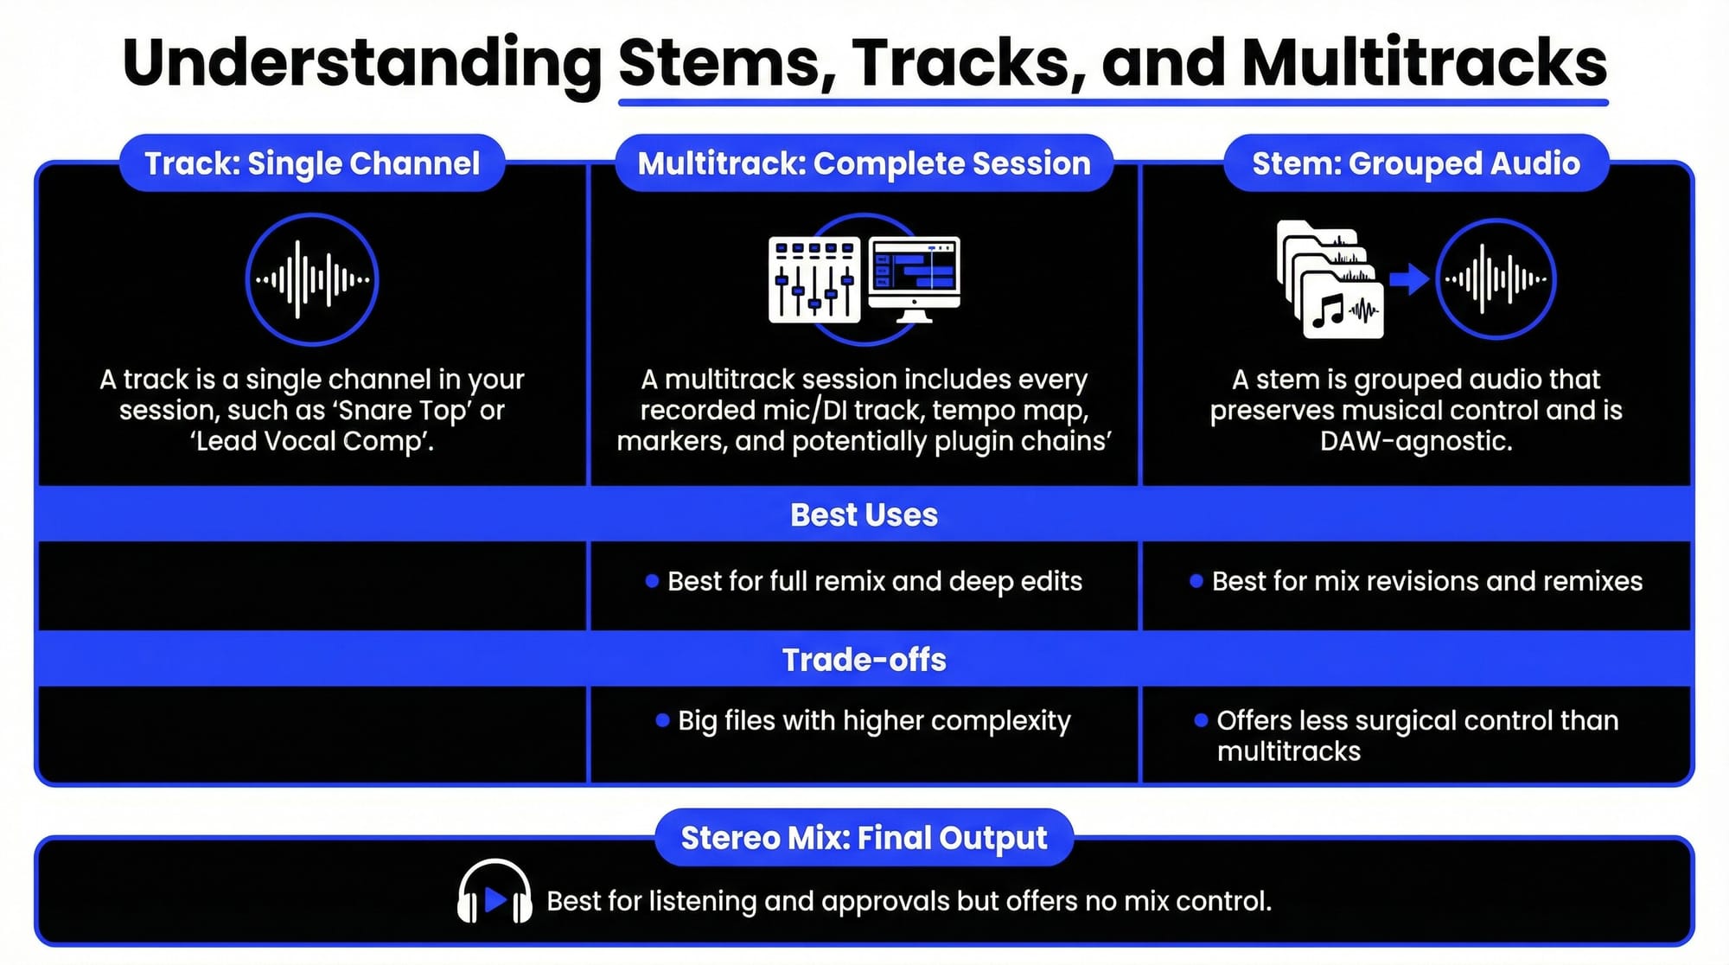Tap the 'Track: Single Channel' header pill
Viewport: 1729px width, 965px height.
(312, 163)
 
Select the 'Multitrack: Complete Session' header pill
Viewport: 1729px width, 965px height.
(864, 163)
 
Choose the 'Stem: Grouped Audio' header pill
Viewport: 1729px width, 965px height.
(1416, 163)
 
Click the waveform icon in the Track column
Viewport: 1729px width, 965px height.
(312, 279)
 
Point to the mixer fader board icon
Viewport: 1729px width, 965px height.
(813, 279)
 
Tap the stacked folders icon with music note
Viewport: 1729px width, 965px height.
(1330, 279)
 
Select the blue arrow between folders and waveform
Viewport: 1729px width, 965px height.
(1409, 279)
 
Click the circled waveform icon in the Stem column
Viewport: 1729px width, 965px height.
(1496, 279)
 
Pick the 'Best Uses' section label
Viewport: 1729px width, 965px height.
(864, 514)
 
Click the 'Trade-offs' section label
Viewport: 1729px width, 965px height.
(864, 660)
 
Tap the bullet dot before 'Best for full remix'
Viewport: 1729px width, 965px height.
(652, 581)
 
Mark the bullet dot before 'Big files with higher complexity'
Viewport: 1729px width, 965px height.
(662, 720)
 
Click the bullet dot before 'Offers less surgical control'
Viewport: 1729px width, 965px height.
(1201, 720)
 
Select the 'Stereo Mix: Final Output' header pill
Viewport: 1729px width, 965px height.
(864, 838)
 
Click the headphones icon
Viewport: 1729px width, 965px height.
(494, 892)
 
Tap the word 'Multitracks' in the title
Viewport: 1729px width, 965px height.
(1424, 62)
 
